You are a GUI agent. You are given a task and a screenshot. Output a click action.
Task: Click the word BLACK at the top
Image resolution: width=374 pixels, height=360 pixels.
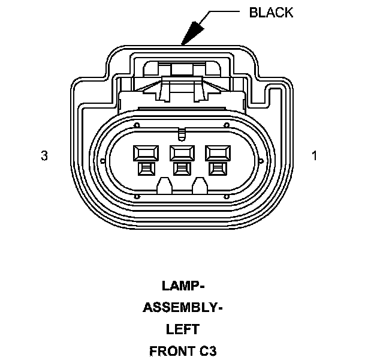tap(271, 13)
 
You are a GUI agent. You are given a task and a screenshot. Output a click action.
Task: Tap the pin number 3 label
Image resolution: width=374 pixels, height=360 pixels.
tap(44, 156)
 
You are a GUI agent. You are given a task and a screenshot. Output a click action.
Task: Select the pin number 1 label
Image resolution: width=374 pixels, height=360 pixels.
tap(314, 156)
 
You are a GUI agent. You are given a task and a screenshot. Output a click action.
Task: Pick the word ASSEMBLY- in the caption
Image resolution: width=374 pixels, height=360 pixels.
tap(183, 308)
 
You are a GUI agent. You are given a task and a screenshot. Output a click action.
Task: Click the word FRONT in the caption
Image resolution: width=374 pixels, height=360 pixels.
tap(170, 350)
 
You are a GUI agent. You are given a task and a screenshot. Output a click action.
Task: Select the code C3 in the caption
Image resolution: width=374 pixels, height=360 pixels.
tap(207, 350)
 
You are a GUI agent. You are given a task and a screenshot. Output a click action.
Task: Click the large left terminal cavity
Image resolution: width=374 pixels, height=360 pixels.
tap(145, 152)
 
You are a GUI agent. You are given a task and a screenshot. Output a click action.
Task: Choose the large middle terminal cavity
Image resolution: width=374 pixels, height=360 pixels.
tap(180, 152)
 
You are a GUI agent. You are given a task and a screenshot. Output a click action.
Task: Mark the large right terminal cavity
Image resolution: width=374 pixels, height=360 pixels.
tap(216, 152)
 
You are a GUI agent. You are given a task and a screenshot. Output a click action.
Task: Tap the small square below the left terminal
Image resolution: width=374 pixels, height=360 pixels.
tap(145, 170)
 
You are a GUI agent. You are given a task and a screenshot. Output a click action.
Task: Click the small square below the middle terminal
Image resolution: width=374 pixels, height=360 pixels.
tap(180, 170)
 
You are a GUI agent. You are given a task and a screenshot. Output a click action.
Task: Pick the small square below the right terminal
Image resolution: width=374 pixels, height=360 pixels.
tap(216, 170)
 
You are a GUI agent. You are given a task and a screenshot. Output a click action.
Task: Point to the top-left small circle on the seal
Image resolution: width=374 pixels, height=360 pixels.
tap(138, 124)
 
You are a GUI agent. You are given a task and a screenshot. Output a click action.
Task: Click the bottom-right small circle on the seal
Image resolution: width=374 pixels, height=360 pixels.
tap(225, 197)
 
